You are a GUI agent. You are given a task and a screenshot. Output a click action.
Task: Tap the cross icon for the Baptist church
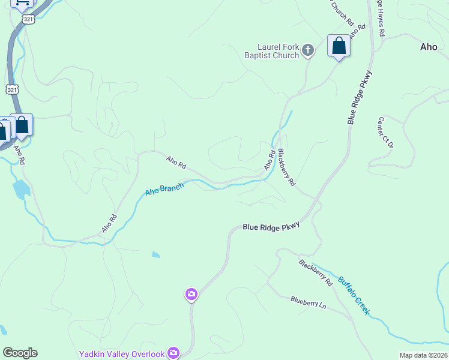(x=308, y=50)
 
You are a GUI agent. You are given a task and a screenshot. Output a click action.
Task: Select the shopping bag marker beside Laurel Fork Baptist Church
(x=339, y=46)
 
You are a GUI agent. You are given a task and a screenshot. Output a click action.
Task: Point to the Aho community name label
(x=429, y=47)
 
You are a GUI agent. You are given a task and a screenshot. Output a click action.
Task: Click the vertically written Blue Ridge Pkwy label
(x=360, y=97)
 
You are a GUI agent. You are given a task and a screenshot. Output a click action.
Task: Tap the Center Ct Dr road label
(x=385, y=133)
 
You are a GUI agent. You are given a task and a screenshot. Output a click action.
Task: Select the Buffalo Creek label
(x=353, y=295)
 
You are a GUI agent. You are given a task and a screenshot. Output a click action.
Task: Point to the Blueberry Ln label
(x=308, y=303)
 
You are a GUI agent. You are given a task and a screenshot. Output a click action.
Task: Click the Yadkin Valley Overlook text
(x=122, y=354)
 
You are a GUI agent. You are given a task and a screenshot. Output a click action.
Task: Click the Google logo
(x=20, y=353)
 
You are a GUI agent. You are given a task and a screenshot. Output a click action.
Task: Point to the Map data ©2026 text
(x=423, y=355)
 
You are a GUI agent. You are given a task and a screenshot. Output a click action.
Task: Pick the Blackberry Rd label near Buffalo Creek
(x=315, y=272)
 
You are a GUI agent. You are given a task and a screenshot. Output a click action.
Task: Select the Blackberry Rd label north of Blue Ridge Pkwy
(x=288, y=166)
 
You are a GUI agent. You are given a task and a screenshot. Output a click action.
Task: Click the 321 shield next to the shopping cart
(x=28, y=19)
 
